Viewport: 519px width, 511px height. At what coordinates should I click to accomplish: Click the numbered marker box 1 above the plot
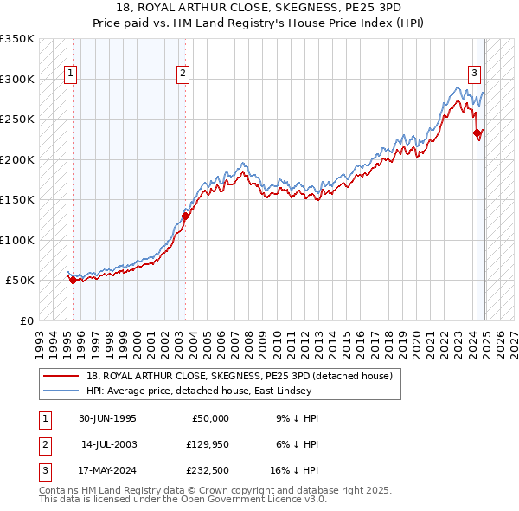(x=69, y=74)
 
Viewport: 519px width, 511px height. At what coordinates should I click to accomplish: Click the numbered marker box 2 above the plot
(x=183, y=74)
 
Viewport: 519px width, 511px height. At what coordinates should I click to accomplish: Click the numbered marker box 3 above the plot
(x=475, y=74)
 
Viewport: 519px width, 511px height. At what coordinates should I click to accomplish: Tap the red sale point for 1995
(x=73, y=281)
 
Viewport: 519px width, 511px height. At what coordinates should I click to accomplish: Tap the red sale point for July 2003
(x=185, y=217)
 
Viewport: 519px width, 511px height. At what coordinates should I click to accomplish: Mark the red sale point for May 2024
(x=477, y=133)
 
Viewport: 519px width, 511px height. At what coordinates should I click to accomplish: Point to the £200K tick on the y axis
(x=17, y=159)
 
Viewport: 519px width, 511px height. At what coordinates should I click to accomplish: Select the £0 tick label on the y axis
(x=26, y=320)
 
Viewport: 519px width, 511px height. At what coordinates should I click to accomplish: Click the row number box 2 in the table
(x=43, y=444)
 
